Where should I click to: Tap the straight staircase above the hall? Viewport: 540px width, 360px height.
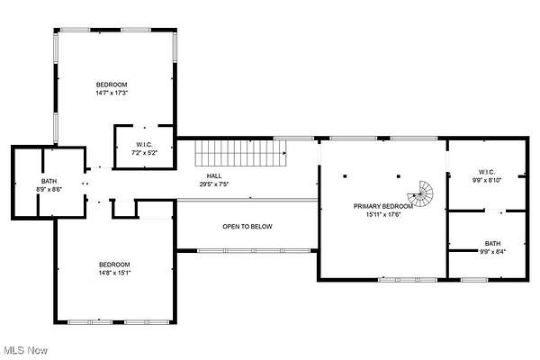pyautogui.click(x=240, y=153)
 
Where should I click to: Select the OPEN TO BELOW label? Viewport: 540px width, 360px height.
pyautogui.click(x=247, y=226)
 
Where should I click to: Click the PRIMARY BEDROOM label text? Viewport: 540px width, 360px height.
pyautogui.click(x=383, y=206)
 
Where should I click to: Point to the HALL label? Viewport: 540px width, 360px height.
pyautogui.click(x=214, y=176)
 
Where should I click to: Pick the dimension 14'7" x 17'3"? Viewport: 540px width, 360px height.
pyautogui.click(x=112, y=93)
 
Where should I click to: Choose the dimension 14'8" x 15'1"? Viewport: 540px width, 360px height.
pyautogui.click(x=114, y=273)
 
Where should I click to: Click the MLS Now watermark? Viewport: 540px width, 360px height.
pyautogui.click(x=26, y=350)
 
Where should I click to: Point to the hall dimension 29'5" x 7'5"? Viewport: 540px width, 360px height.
pyautogui.click(x=214, y=184)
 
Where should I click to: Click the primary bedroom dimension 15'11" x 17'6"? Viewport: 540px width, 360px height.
pyautogui.click(x=383, y=214)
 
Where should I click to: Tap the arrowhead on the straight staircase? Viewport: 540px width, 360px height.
pyautogui.click(x=284, y=153)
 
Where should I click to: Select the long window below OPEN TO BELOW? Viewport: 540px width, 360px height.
pyautogui.click(x=254, y=251)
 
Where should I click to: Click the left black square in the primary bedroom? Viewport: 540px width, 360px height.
pyautogui.click(x=345, y=176)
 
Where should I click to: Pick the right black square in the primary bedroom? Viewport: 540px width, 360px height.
pyautogui.click(x=399, y=176)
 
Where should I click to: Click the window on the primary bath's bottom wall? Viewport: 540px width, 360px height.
pyautogui.click(x=474, y=280)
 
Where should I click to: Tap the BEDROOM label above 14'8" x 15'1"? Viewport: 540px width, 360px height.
pyautogui.click(x=114, y=265)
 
